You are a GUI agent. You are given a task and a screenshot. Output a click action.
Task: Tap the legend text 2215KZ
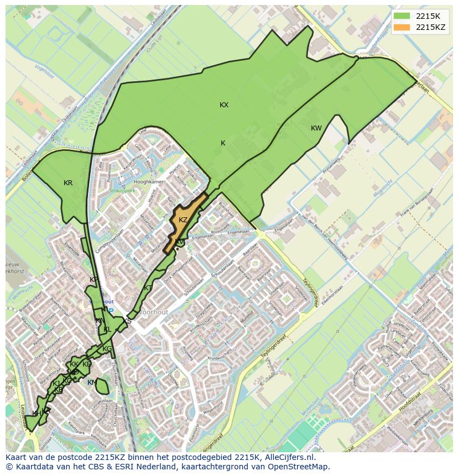tap(431, 27)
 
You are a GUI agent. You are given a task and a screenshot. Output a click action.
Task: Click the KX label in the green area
tap(224, 105)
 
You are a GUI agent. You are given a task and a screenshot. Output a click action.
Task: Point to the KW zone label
tap(316, 128)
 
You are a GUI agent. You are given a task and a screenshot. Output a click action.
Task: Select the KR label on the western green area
tap(68, 183)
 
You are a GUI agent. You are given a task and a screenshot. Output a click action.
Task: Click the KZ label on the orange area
tap(183, 220)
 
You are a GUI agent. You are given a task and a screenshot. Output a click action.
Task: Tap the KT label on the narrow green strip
tap(148, 288)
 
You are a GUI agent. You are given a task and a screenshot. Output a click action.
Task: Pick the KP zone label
tap(93, 280)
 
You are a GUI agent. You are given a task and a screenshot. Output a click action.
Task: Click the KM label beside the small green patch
tap(92, 383)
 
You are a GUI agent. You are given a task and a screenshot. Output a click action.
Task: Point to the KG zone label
tap(107, 349)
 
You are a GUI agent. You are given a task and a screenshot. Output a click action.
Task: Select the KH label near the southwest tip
tap(37, 414)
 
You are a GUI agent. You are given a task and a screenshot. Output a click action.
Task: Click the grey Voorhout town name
tap(153, 312)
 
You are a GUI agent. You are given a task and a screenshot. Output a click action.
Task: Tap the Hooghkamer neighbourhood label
tap(149, 182)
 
